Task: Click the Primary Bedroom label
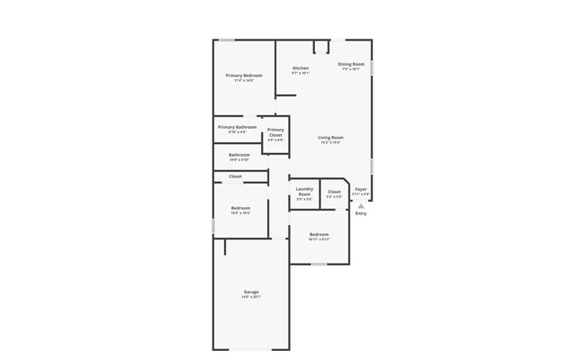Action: (244, 75)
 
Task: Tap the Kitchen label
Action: (301, 68)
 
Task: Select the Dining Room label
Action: (351, 64)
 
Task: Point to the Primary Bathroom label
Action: (238, 127)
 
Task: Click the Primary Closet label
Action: (275, 132)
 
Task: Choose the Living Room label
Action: (331, 138)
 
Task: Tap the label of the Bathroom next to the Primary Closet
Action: (239, 155)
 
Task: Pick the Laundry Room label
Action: (304, 192)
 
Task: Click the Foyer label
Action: (361, 189)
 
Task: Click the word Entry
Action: (361, 213)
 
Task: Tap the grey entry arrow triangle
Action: (361, 206)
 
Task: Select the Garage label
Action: (251, 292)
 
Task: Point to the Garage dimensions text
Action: (251, 297)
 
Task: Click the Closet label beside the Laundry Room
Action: (334, 192)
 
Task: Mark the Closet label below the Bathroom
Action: (235, 176)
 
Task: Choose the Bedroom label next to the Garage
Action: (240, 208)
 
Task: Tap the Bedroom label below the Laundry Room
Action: (319, 235)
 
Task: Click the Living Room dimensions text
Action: (331, 143)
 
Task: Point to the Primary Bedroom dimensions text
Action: (244, 80)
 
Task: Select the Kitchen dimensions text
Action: (301, 74)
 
